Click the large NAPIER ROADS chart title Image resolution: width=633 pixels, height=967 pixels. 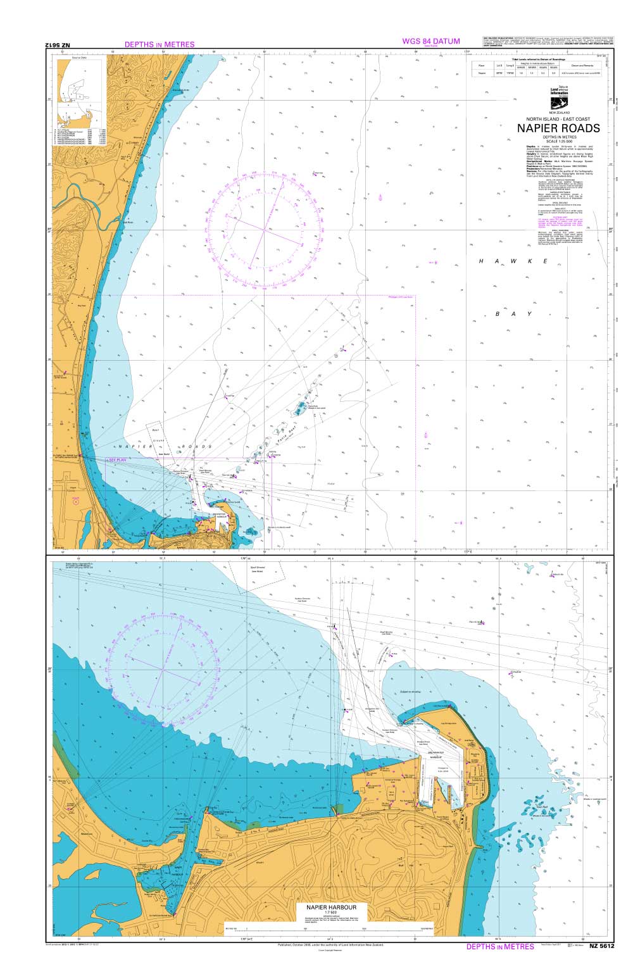click(558, 128)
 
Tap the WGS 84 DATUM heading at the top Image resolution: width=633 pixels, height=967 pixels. click(430, 42)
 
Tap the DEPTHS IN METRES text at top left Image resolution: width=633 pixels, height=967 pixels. click(160, 45)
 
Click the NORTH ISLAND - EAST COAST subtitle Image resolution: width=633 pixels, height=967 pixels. click(558, 119)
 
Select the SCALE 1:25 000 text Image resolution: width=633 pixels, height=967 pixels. click(558, 140)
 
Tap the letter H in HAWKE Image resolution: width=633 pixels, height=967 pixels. click(482, 261)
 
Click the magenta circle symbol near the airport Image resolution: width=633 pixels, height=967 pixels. click(75, 501)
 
